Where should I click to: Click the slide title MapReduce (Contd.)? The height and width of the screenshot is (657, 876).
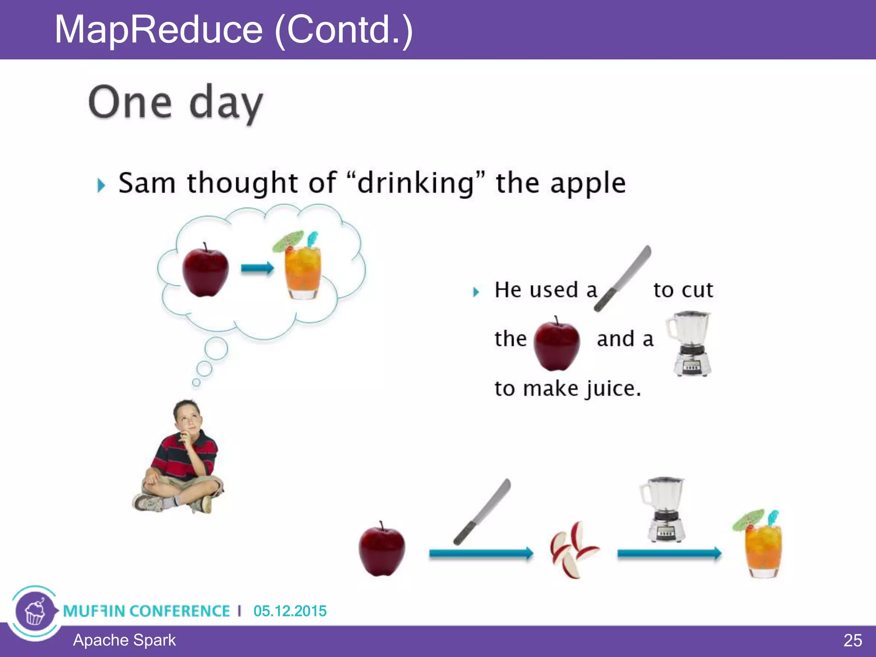click(234, 30)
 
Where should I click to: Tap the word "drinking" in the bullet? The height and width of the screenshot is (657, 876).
click(416, 183)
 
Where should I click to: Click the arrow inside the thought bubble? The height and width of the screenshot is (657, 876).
click(257, 268)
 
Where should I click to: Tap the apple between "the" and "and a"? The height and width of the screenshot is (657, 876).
click(556, 345)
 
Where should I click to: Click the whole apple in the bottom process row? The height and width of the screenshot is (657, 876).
click(382, 550)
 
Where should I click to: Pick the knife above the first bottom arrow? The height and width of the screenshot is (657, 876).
click(482, 512)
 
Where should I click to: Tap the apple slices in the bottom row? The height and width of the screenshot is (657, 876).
click(573, 550)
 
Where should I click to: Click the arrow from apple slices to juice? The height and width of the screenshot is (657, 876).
click(669, 553)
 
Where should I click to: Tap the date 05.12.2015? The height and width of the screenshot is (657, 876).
click(290, 611)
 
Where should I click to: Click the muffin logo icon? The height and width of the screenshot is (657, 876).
click(35, 612)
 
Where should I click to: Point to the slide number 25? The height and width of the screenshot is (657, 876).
click(852, 640)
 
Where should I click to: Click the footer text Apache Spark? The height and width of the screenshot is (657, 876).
click(124, 640)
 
